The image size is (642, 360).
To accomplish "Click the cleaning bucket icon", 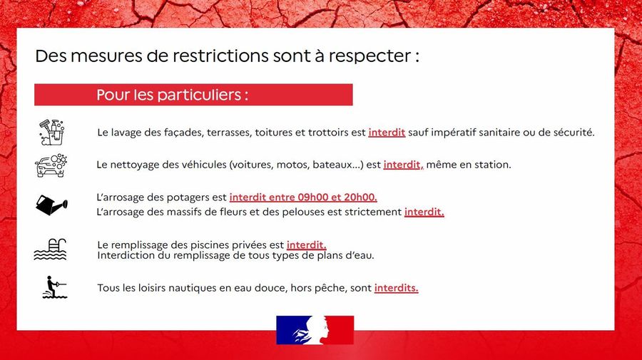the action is [52, 132].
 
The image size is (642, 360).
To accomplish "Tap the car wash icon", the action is [51, 165].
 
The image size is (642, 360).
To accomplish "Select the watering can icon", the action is [51, 205].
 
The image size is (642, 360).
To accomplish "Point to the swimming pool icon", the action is [50, 249].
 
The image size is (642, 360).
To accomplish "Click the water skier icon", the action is [55, 287].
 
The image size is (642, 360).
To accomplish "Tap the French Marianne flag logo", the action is [315, 330].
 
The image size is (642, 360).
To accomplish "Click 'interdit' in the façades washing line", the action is [387, 133].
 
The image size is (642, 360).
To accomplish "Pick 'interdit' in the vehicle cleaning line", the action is [402, 165].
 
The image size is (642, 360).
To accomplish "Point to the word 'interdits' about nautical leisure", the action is [395, 288].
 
